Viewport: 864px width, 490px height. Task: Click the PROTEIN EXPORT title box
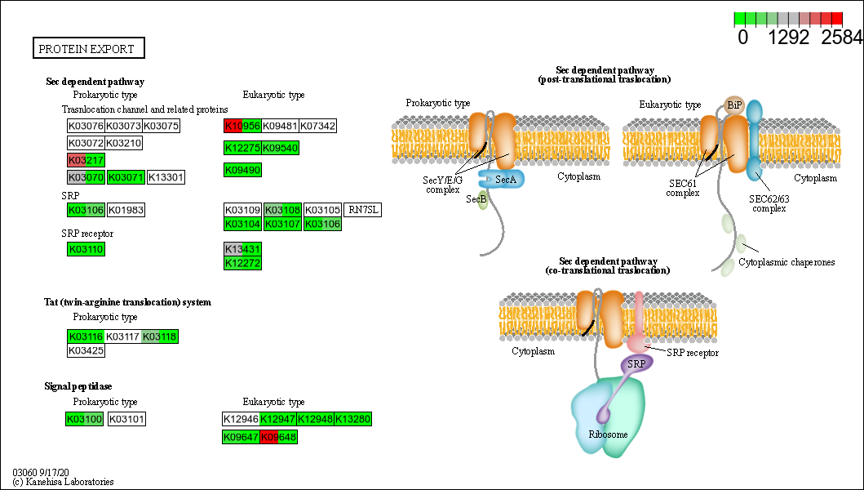[88, 49]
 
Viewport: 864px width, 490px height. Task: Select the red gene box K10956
[242, 126]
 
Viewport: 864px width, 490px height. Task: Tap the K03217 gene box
[86, 159]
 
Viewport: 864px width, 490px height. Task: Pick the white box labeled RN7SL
[362, 210]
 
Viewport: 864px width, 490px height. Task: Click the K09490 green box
[242, 170]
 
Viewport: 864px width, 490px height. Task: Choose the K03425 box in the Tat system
[86, 350]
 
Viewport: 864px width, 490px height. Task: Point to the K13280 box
[353, 419]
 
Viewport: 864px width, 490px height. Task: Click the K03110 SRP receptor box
[86, 249]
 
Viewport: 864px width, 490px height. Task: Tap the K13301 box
[166, 176]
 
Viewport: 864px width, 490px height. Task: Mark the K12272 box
[242, 262]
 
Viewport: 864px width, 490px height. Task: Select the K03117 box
[123, 336]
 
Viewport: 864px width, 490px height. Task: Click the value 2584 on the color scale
[842, 38]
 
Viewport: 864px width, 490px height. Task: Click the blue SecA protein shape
[506, 179]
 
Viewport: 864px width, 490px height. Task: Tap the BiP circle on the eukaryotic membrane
[733, 105]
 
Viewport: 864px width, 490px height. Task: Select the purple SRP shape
[636, 363]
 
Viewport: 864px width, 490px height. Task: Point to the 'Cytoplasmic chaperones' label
[786, 262]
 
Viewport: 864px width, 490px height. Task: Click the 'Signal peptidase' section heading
[78, 385]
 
